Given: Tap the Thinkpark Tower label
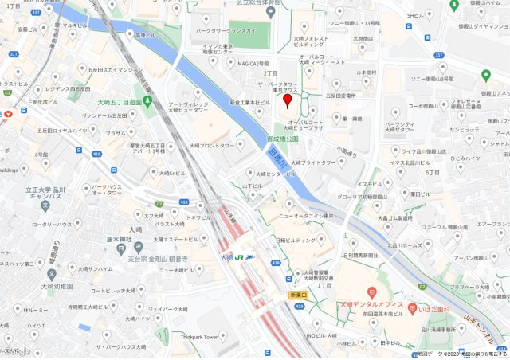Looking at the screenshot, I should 198,337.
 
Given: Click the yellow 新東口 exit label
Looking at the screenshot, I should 298,295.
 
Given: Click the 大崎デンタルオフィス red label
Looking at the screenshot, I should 372,305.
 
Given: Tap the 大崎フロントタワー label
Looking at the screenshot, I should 212,146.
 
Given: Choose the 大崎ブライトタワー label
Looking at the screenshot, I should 312,162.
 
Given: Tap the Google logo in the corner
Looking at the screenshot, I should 17,351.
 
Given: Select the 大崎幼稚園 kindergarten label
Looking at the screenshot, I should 53,285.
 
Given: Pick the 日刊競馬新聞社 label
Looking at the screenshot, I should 366,256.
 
